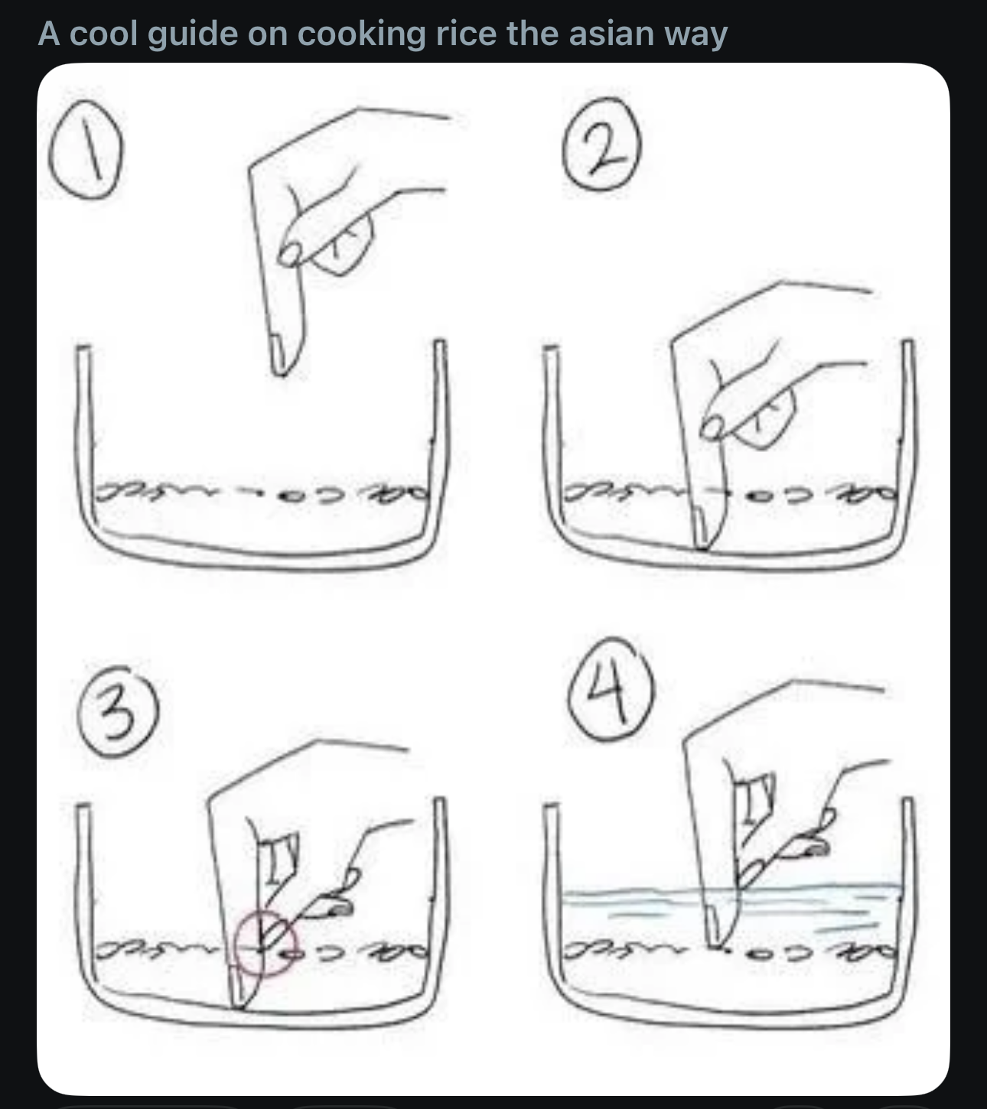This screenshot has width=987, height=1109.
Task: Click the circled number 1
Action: [86, 149]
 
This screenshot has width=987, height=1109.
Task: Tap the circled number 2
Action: [601, 144]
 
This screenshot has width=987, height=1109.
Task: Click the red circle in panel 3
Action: [265, 943]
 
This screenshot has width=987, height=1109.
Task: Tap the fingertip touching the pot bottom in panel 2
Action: [702, 543]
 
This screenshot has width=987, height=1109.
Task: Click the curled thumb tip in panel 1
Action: [289, 254]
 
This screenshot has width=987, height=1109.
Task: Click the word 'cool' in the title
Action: [103, 34]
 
